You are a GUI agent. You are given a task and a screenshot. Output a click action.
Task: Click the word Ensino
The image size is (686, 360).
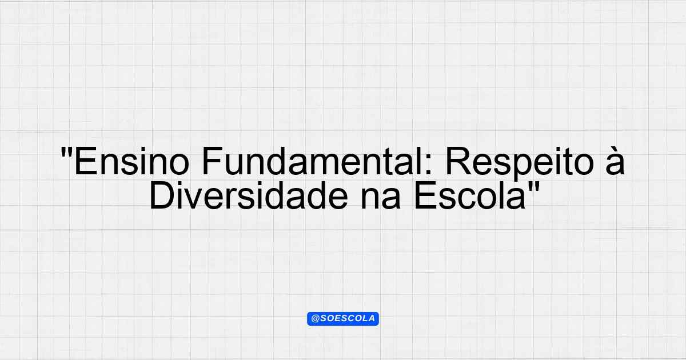[x=131, y=161]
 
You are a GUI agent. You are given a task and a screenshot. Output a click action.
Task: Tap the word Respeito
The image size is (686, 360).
[x=520, y=163]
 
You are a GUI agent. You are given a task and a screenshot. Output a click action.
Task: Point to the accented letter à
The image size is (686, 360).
[x=615, y=161]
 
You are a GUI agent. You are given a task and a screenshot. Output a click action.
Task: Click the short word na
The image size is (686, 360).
[x=380, y=199]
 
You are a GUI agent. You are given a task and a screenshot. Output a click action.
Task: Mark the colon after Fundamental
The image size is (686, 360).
[x=428, y=165]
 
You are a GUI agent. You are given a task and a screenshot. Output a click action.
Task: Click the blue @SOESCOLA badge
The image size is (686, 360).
[x=343, y=319]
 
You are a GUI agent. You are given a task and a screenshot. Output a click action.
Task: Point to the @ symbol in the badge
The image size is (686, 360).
[x=316, y=319]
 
